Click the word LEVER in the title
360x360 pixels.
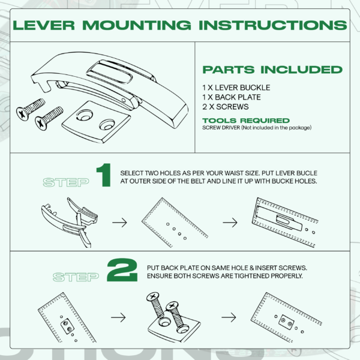tap(44, 25)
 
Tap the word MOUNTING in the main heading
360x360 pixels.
tap(137, 25)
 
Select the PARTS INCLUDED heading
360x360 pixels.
tap(272, 70)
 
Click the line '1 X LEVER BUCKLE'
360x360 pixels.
tap(236, 88)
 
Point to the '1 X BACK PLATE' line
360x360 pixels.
tap(232, 97)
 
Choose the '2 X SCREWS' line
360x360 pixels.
tap(226, 107)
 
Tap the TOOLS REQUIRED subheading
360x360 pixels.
tap(246, 121)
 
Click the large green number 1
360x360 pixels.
tap(104, 175)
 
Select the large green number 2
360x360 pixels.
tap(122, 270)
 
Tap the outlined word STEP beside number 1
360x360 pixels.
tap(66, 182)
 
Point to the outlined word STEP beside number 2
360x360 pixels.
tap(76, 277)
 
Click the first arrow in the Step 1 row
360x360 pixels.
tap(119, 223)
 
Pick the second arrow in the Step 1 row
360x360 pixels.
tap(230, 223)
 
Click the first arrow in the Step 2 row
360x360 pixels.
tap(118, 317)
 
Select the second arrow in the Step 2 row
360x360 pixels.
tap(229, 317)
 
